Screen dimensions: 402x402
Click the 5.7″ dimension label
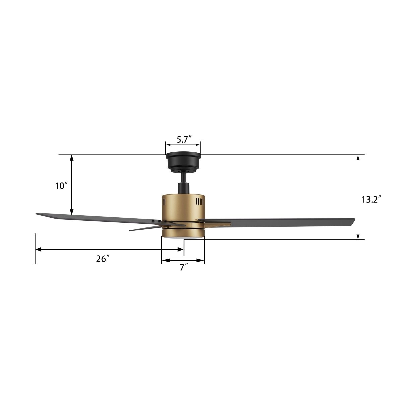pyautogui.click(x=184, y=139)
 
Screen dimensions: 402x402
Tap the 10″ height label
pyautogui.click(x=62, y=186)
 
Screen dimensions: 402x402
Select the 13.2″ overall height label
pyautogui.click(x=372, y=200)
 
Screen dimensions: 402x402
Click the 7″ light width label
pyautogui.click(x=184, y=267)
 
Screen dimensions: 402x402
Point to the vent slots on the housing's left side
pyautogui.click(x=164, y=202)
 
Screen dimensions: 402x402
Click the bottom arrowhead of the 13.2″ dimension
pyautogui.click(x=358, y=236)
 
